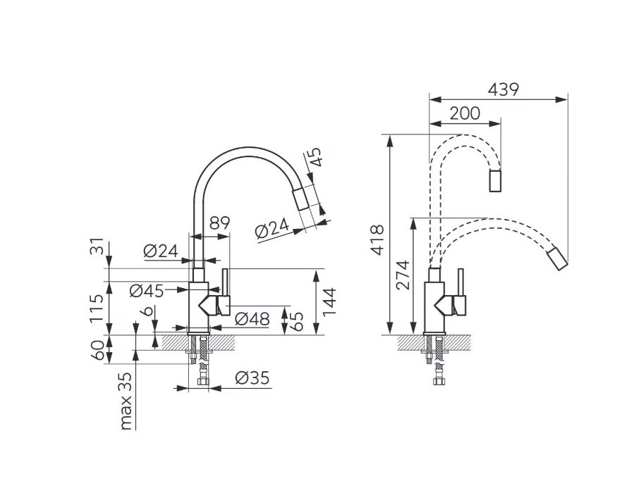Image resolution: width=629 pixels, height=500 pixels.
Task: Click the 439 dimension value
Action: (x=503, y=89)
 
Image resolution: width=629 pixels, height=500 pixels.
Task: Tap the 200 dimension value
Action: (x=465, y=113)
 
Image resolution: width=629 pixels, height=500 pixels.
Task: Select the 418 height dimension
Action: (x=377, y=240)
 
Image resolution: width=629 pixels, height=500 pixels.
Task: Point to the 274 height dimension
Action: (x=403, y=275)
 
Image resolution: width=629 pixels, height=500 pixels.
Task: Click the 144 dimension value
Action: (x=329, y=301)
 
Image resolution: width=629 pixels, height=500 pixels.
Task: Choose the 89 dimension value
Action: (x=219, y=223)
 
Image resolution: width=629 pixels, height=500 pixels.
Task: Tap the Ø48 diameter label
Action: (x=252, y=319)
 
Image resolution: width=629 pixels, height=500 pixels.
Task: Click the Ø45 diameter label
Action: (x=147, y=291)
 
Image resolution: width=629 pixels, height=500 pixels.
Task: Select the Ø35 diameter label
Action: (x=252, y=377)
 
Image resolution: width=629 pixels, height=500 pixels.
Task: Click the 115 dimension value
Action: (x=97, y=309)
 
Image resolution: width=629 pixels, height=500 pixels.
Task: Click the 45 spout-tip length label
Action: (x=315, y=156)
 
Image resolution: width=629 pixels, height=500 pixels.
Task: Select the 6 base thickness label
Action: (x=147, y=311)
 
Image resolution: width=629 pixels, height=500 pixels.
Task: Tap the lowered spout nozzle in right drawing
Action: (x=558, y=259)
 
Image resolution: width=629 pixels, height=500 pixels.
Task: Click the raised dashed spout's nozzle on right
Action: (x=495, y=181)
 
